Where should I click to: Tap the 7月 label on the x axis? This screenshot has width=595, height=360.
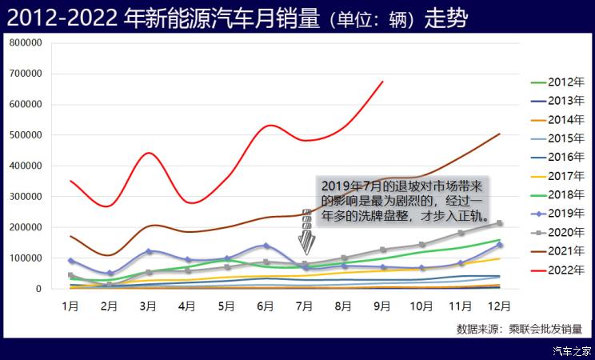(305, 305)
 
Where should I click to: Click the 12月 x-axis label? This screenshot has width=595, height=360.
(499, 305)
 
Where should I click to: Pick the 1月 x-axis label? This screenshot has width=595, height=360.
(70, 305)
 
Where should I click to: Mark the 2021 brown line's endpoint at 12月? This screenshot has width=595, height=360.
(500, 134)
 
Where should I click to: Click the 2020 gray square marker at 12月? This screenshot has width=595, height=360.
(500, 223)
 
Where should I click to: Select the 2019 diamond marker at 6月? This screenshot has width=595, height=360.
(266, 246)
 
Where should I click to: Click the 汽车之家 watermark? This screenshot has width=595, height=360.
(573, 350)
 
